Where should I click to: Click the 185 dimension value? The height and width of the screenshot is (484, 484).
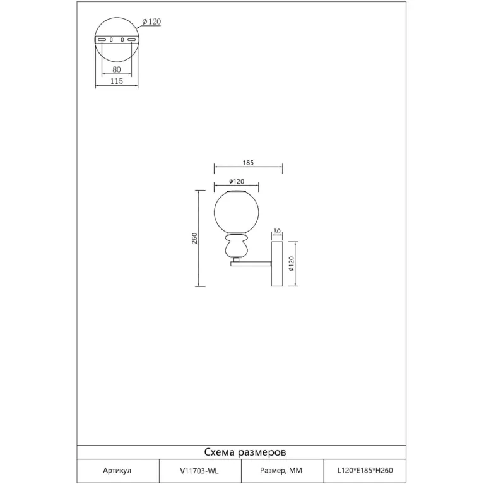click(x=248, y=163)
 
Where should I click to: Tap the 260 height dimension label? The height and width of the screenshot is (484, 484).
click(x=194, y=239)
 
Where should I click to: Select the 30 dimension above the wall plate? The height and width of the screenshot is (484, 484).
click(x=277, y=231)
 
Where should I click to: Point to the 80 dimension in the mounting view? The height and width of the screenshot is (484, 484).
click(x=117, y=69)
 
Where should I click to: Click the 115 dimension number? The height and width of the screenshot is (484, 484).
click(x=117, y=81)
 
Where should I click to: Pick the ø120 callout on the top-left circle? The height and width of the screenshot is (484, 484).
click(x=151, y=21)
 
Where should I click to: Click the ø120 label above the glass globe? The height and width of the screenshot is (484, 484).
click(x=237, y=182)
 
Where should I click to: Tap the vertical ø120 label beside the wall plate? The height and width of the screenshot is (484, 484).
click(x=291, y=264)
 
